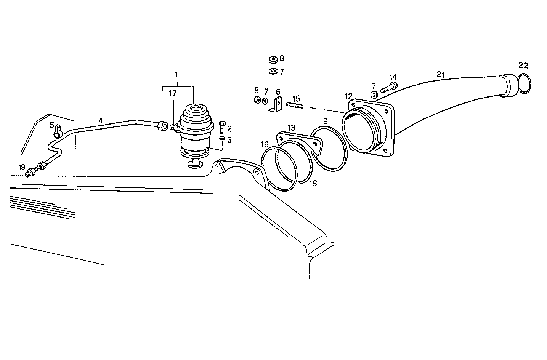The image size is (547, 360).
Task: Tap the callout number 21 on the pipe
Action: tap(441, 75)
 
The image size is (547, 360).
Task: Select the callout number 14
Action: tap(393, 77)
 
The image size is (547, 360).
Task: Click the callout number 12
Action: tap(348, 95)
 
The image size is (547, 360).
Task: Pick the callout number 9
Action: tap(325, 121)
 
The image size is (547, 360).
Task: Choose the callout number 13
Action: tap(291, 127)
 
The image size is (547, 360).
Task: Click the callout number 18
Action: tap(313, 183)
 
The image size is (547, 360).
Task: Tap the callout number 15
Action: tap(296, 98)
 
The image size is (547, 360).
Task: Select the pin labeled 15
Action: tap(295, 105)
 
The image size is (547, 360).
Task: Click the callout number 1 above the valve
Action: tap(176, 74)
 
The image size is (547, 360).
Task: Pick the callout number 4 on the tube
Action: tap(100, 121)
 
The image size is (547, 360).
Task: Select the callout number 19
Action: tap(22, 167)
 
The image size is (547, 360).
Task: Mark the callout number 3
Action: tap(229, 140)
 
